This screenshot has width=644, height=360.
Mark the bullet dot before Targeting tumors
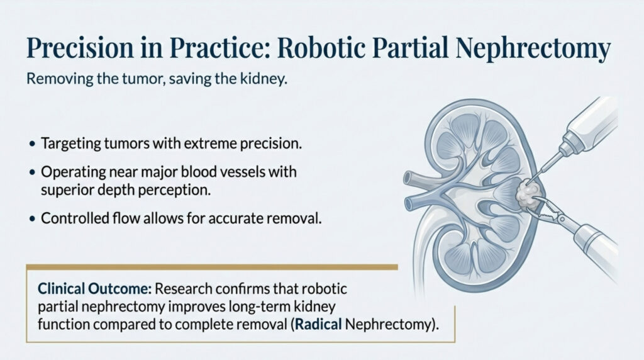click(x=32, y=144)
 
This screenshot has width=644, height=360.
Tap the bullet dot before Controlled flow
click(x=32, y=219)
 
